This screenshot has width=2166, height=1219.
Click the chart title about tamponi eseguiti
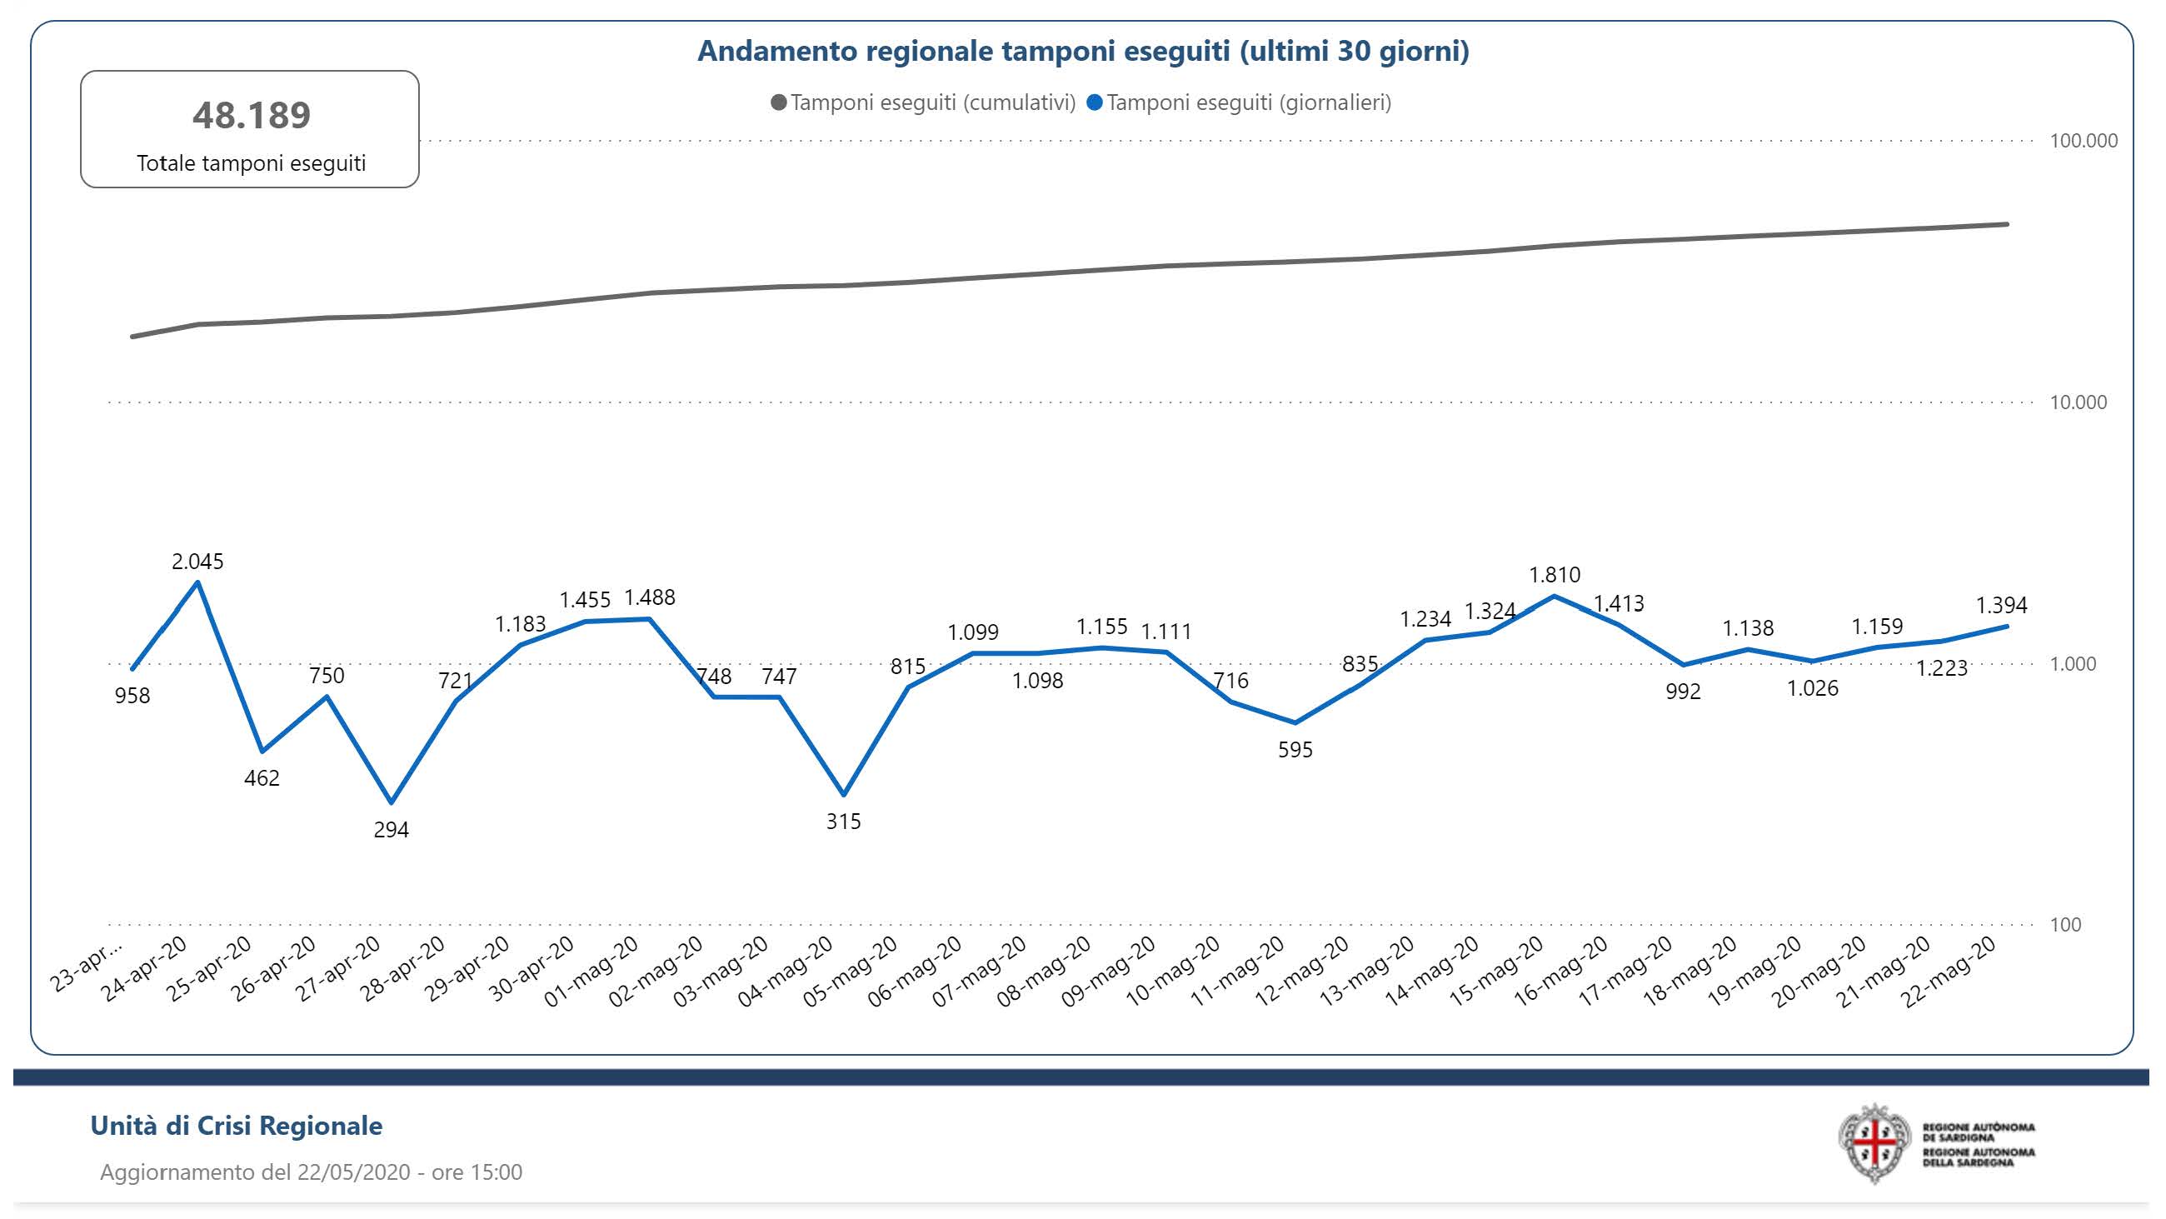(1083, 52)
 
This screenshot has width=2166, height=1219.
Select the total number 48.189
(252, 115)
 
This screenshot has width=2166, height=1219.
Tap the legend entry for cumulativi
(923, 102)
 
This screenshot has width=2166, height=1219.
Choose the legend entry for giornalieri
(1240, 102)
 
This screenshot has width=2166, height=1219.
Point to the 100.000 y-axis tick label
(2083, 141)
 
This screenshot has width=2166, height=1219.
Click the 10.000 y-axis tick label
(2078, 402)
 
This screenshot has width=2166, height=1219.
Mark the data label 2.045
(197, 561)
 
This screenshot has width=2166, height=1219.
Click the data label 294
(391, 831)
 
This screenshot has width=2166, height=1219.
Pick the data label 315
(843, 821)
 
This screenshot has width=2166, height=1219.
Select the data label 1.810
(1554, 575)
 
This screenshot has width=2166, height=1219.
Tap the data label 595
(1295, 750)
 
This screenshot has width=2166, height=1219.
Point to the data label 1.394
(2001, 605)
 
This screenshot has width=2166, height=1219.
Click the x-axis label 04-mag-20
(786, 972)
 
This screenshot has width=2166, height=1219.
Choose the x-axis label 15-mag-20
(1497, 972)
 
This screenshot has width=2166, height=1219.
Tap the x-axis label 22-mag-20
(1949, 972)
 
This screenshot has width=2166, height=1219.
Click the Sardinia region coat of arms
(1874, 1143)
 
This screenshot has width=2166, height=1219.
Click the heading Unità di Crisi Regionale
(237, 1126)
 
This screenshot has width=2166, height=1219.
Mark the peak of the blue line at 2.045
(197, 582)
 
